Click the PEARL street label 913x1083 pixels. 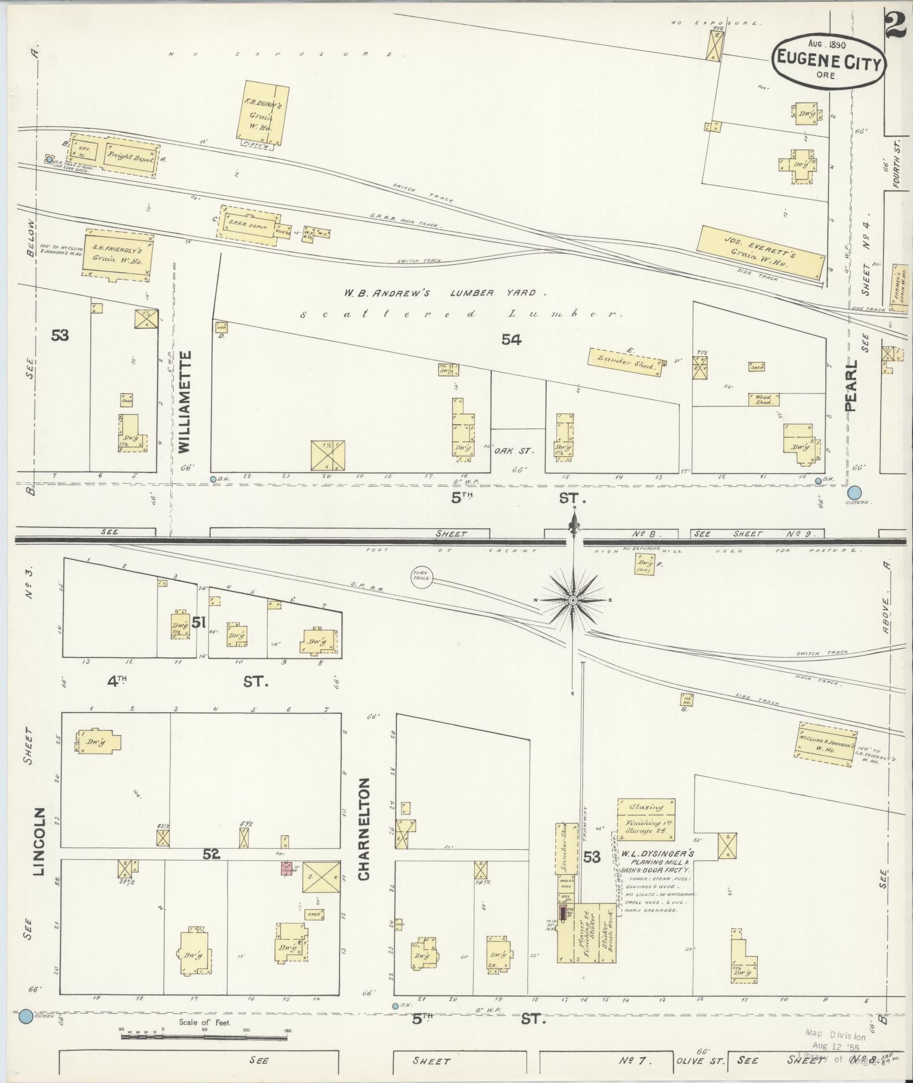pos(851,386)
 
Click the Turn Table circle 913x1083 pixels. pos(422,579)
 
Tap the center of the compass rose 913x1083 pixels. pos(573,600)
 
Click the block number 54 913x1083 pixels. pos(511,340)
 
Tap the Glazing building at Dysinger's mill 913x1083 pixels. pos(646,819)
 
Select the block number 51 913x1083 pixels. pos(198,623)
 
